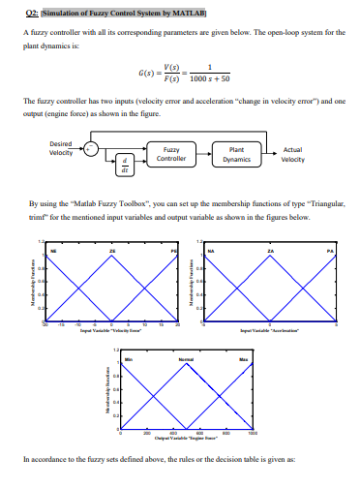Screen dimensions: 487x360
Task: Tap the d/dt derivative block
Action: point(124,168)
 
